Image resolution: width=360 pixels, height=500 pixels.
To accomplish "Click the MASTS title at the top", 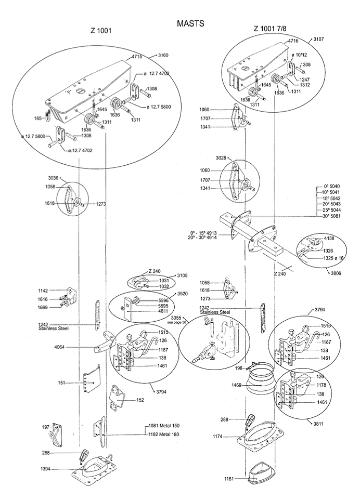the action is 190,23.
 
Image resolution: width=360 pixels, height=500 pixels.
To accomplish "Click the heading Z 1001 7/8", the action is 270,29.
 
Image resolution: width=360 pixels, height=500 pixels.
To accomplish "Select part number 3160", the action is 163,55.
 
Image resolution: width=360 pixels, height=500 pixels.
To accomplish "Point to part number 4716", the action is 293,41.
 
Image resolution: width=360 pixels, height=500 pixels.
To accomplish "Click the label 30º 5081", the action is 331,216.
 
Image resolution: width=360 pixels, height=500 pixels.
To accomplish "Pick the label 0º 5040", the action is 332,186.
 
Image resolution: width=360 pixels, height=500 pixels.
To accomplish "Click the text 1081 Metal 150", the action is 164,425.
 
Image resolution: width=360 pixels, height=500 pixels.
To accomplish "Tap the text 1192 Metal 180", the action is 164,434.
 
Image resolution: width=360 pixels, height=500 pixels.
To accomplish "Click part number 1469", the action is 237,385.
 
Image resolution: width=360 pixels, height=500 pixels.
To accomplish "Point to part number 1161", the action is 229,479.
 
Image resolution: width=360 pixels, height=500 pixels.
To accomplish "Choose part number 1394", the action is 46,468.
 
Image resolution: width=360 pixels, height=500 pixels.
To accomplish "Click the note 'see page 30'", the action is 176,322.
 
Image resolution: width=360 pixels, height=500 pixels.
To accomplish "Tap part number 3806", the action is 335,273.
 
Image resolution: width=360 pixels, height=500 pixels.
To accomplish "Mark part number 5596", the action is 164,300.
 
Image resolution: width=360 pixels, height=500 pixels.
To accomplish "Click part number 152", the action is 140,400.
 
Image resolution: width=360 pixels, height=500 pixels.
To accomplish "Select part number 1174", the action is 218,436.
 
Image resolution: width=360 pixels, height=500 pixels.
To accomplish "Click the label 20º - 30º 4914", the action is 202,237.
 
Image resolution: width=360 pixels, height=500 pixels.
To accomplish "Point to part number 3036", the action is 53,178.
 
